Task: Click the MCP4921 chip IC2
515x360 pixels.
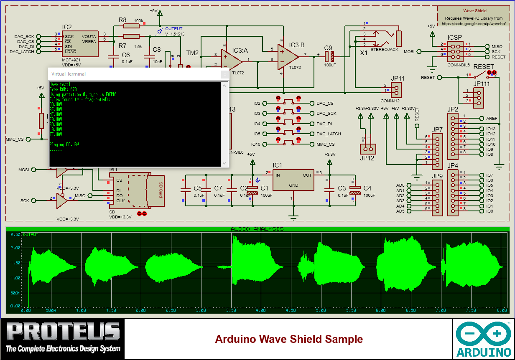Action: (80, 43)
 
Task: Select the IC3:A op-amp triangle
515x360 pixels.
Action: (230, 59)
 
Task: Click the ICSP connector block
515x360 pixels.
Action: (454, 50)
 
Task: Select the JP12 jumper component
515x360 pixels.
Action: (368, 149)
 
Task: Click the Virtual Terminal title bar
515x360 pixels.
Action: (134, 74)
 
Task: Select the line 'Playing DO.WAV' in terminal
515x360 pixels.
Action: (64, 145)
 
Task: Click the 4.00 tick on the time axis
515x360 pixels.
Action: (260, 310)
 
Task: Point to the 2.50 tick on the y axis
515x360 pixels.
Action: (15, 235)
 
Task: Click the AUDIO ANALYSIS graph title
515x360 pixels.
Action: (257, 229)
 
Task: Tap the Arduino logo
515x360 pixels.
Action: (483, 339)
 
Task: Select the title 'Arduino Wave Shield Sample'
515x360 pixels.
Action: (288, 339)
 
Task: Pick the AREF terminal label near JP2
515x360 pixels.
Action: (492, 118)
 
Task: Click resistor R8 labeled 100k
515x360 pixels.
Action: (131, 26)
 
